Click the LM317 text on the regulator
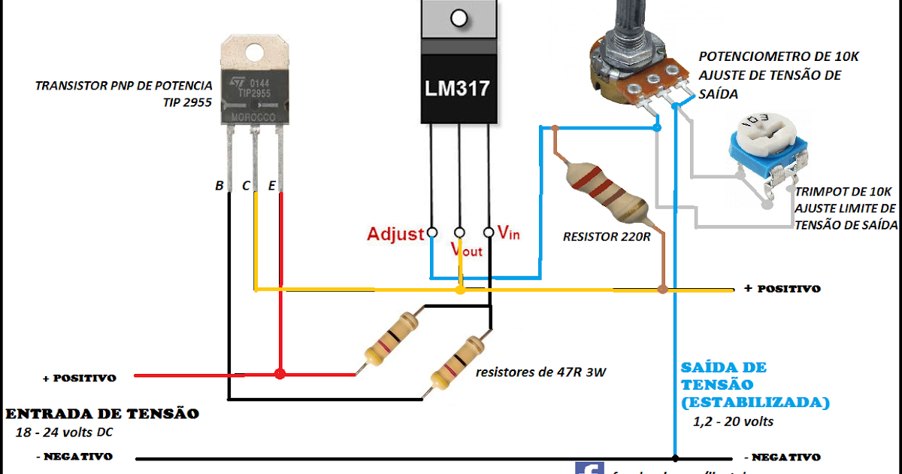click(x=458, y=89)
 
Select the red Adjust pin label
click(x=395, y=234)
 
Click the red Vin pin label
click(x=509, y=233)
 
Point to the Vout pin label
click(x=466, y=249)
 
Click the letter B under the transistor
click(x=219, y=186)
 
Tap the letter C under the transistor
click(x=245, y=186)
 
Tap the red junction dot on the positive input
click(x=280, y=374)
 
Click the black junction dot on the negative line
click(x=675, y=457)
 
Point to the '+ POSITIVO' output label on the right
click(x=782, y=289)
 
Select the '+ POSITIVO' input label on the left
click(x=78, y=378)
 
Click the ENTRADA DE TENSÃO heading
click(x=103, y=414)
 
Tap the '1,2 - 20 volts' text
click(x=733, y=421)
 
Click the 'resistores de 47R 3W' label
click(x=540, y=372)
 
